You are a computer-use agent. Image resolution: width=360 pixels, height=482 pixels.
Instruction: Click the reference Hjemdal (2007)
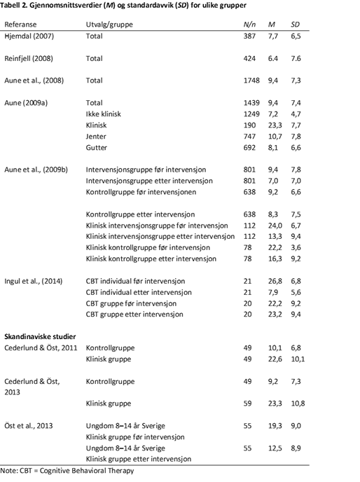(x=29, y=34)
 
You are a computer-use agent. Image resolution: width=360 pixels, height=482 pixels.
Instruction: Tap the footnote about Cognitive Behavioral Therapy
(x=67, y=470)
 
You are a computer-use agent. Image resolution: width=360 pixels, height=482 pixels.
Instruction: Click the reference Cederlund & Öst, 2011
(x=41, y=347)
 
